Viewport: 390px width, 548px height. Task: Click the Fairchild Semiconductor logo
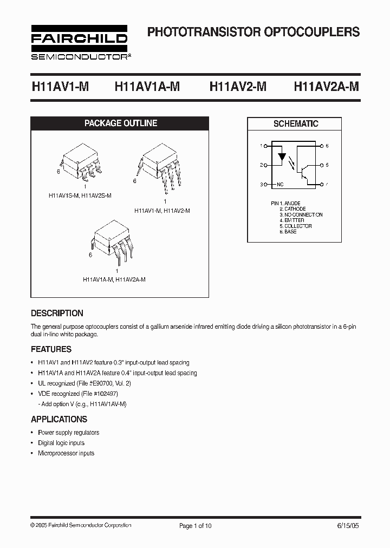(x=79, y=42)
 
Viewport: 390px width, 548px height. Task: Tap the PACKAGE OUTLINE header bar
(x=121, y=123)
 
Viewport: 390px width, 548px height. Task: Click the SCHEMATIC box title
(x=296, y=124)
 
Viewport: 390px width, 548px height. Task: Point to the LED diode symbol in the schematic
(x=282, y=158)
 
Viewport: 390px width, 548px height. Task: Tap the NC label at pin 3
(x=280, y=185)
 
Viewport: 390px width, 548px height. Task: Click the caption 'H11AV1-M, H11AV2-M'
(x=162, y=211)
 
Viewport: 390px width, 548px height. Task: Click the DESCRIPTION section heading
(x=57, y=313)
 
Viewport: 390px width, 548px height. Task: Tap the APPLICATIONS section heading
(x=59, y=419)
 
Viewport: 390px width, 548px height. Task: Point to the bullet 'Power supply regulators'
(x=68, y=433)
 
